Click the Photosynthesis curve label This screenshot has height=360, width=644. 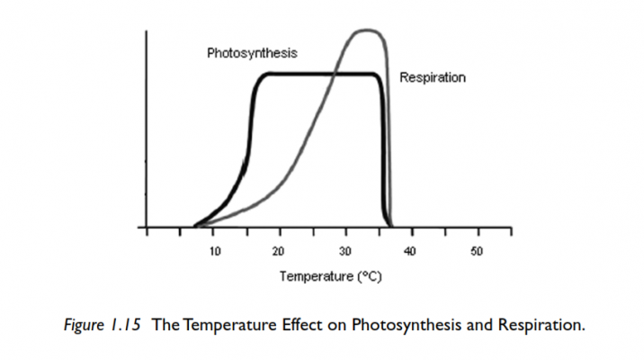click(x=253, y=53)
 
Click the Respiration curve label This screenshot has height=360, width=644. click(x=433, y=78)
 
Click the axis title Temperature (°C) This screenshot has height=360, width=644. click(x=330, y=276)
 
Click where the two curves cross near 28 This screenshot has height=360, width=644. click(x=333, y=74)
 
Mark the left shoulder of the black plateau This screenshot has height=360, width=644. click(x=262, y=76)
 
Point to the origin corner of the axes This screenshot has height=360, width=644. click(x=148, y=228)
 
